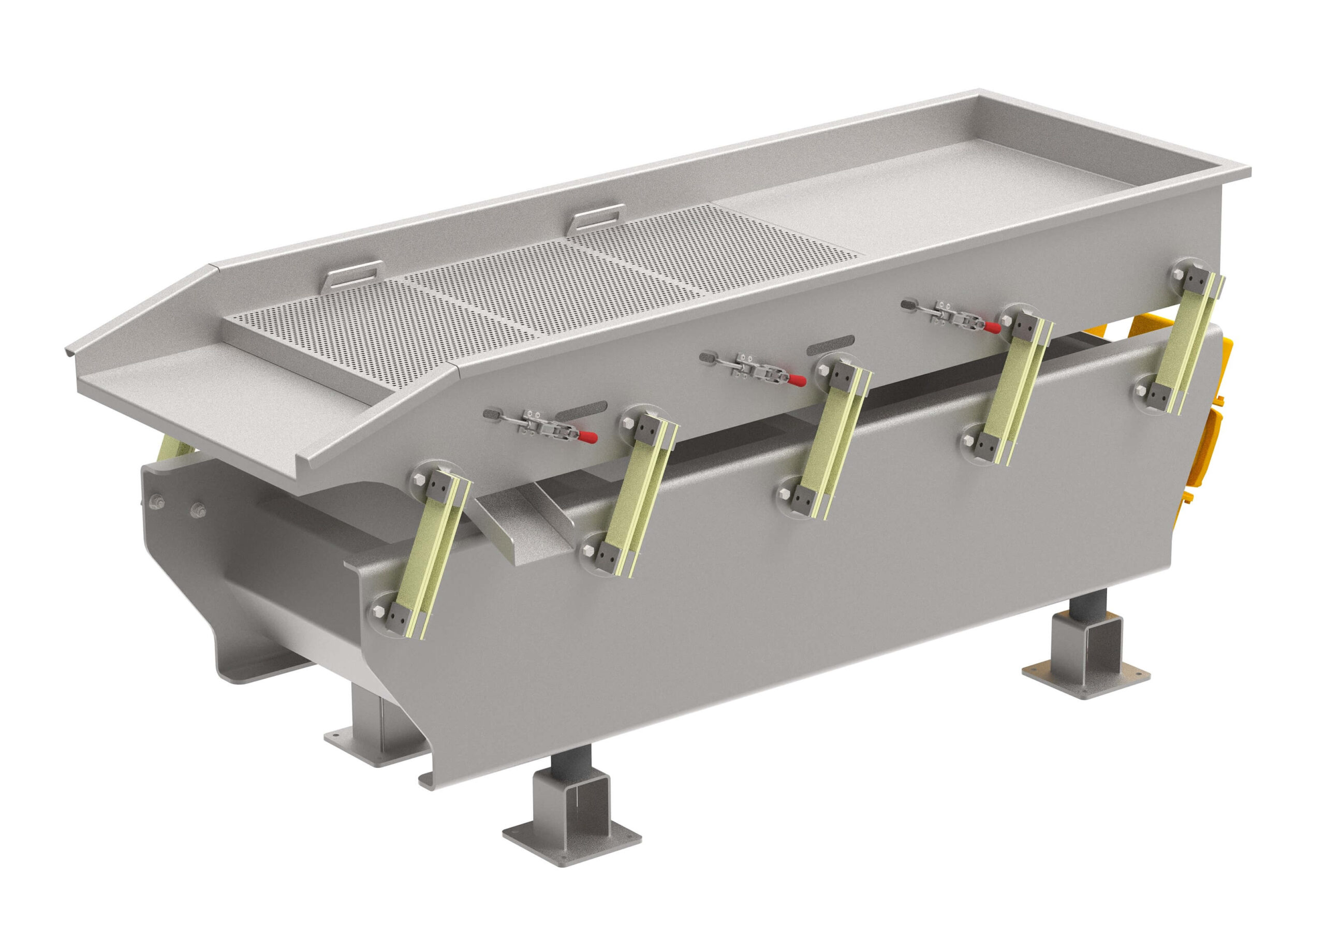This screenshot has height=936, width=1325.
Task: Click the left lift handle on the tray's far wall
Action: [x=353, y=273]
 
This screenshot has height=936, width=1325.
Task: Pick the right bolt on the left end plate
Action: [x=198, y=509]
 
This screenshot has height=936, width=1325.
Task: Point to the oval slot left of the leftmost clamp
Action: [x=492, y=413]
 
